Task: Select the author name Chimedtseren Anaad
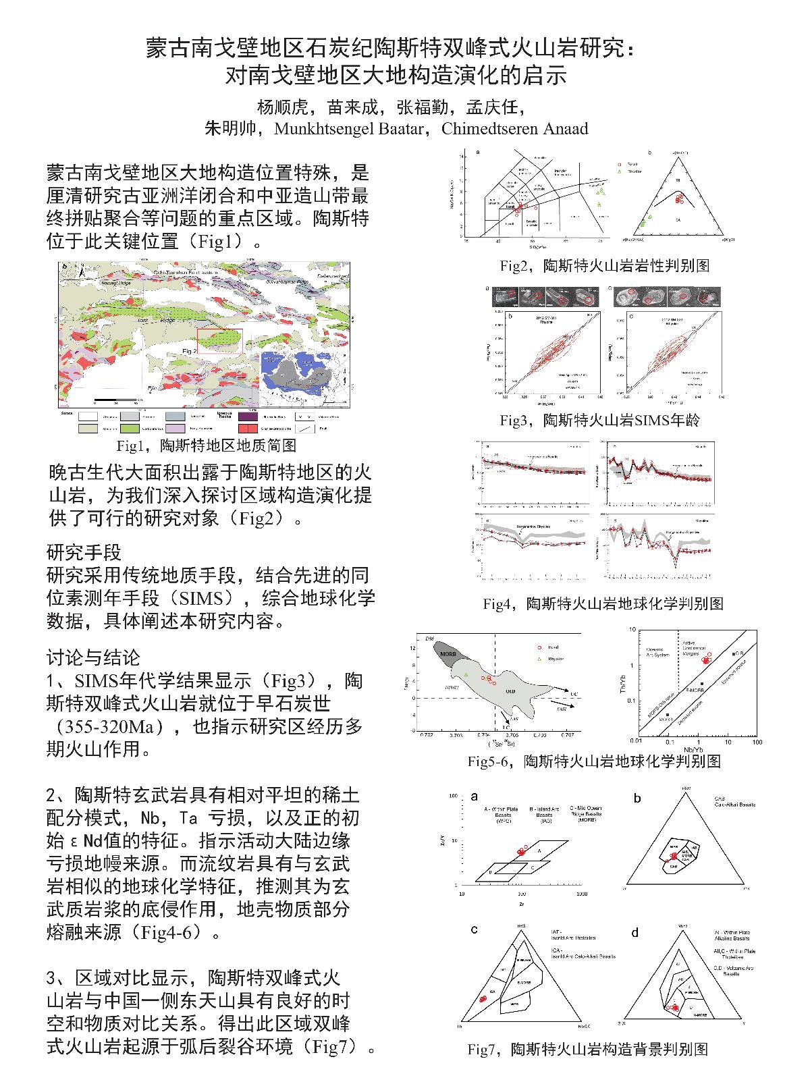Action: pos(514,129)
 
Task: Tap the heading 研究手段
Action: pos(84,553)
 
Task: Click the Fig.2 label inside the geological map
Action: pos(190,351)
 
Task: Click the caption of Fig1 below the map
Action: pos(206,446)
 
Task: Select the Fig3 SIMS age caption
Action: pos(599,421)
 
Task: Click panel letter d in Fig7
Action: pos(634,933)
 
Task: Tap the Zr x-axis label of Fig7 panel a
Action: pos(521,903)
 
